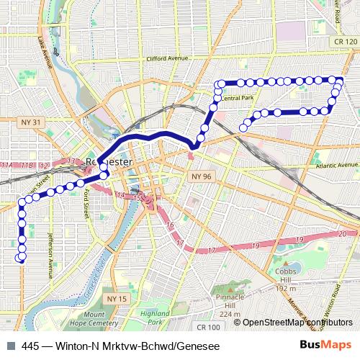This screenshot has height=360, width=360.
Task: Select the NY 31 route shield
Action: point(31,123)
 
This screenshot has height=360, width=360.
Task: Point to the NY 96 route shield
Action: point(200,176)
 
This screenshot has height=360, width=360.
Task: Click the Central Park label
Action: point(238,97)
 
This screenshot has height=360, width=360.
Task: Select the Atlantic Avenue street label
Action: point(336,166)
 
